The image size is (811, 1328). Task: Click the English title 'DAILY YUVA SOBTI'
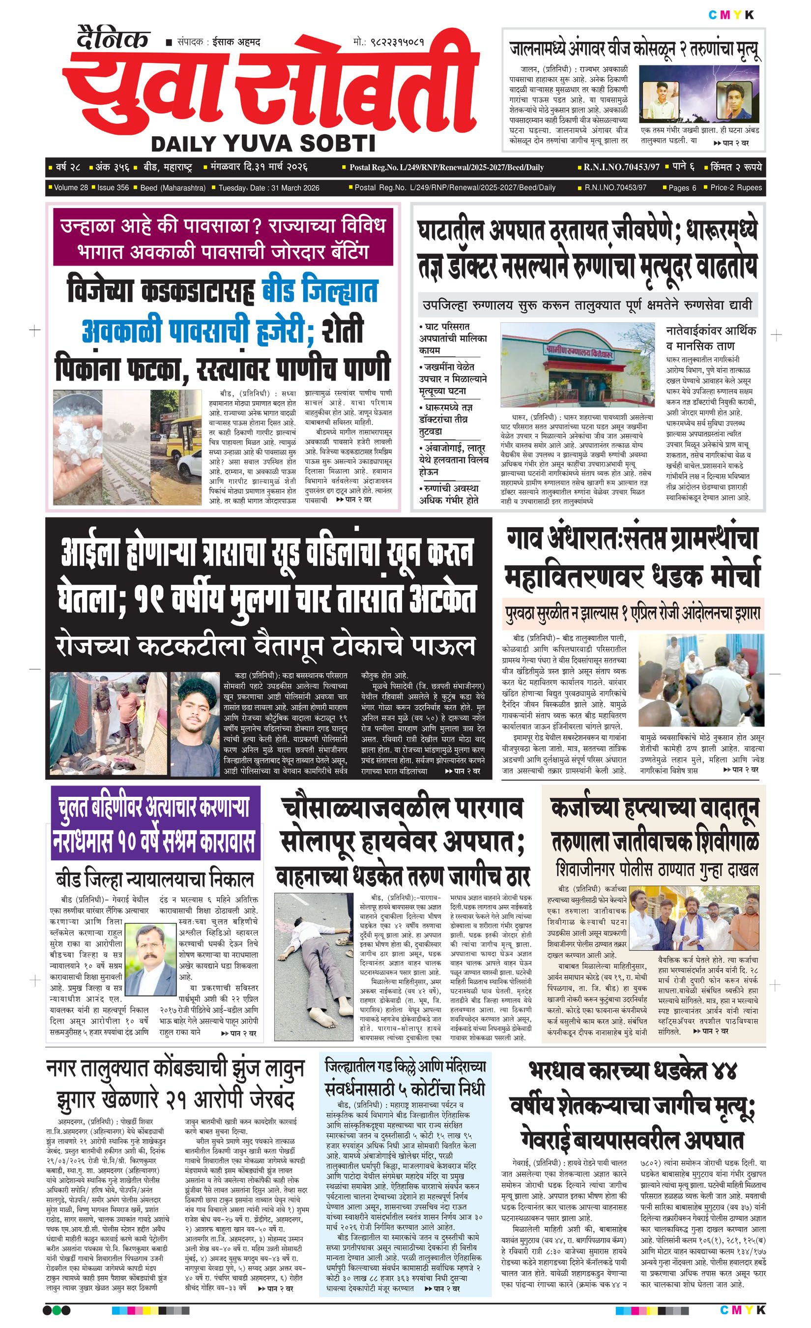[263, 144]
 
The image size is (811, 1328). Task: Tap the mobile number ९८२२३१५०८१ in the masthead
[396, 41]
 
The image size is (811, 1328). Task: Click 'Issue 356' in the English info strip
[113, 187]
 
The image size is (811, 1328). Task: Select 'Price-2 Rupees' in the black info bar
[736, 187]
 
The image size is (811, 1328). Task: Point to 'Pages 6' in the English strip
[682, 187]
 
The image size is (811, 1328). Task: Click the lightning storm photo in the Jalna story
[698, 94]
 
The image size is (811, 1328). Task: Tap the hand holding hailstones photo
[77, 447]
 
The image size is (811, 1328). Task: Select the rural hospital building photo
[578, 365]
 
